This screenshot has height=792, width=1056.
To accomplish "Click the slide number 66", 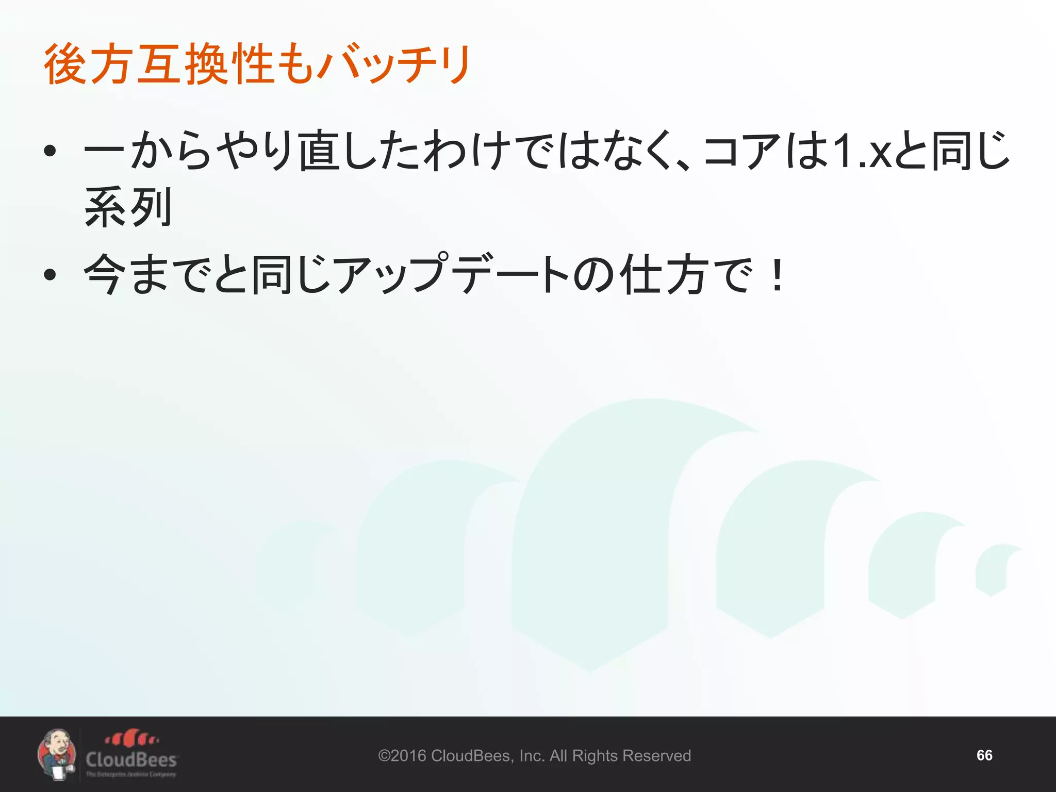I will click(984, 755).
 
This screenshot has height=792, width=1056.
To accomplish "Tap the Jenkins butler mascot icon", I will click(57, 754).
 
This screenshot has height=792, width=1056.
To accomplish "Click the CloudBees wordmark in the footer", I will click(131, 760).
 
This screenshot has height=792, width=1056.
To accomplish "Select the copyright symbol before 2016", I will click(385, 756).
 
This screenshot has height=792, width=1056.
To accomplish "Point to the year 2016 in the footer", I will click(408, 756).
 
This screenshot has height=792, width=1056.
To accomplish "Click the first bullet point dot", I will click(49, 151).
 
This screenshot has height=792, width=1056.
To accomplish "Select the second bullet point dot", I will click(49, 274).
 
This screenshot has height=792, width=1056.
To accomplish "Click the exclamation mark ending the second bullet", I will click(777, 274).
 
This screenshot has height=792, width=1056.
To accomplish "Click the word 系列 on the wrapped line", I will click(128, 207).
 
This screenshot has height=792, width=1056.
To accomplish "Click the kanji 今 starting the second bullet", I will click(105, 274).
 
